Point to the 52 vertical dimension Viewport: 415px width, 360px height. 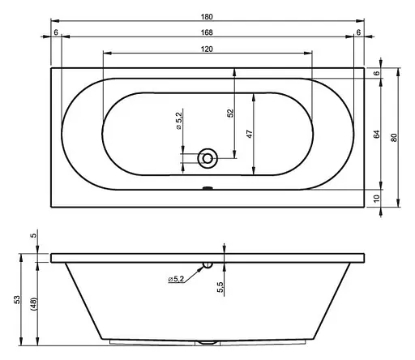point(229,115)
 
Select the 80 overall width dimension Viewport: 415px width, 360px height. point(395,137)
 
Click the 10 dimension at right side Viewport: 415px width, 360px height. point(377,198)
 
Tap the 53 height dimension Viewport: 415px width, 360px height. point(17,300)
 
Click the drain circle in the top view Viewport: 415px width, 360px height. point(207,159)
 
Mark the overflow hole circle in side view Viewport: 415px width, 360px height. point(207,264)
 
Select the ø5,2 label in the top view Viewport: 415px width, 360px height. point(178,123)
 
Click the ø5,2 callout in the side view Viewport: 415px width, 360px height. point(178,280)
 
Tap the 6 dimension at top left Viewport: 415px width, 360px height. point(55,32)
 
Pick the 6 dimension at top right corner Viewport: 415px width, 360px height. point(357,32)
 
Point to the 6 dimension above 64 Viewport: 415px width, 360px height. point(377,74)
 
